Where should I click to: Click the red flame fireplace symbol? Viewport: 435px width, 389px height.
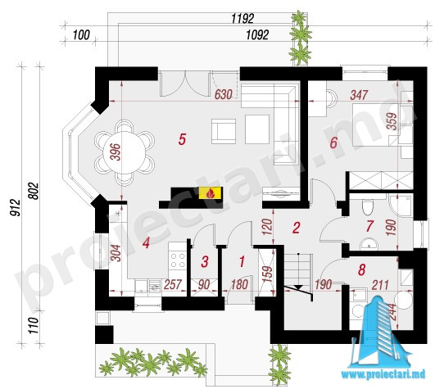pyautogui.click(x=211, y=193)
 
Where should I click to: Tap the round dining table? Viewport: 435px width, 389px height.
pyautogui.click(x=124, y=152)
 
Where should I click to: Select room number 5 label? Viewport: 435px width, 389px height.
pyautogui.click(x=182, y=139)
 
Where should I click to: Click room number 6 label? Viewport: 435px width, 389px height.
pyautogui.click(x=333, y=142)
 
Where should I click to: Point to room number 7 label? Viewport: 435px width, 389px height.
pyautogui.click(x=369, y=226)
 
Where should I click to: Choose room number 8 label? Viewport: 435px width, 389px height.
pyautogui.click(x=361, y=269)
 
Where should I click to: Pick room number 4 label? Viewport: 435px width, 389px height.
pyautogui.click(x=146, y=243)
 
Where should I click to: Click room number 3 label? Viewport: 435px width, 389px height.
pyautogui.click(x=205, y=261)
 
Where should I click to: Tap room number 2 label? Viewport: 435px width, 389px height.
pyautogui.click(x=297, y=228)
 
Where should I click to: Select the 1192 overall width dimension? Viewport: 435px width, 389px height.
pyautogui.click(x=242, y=19)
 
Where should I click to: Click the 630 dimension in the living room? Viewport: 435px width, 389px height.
pyautogui.click(x=223, y=94)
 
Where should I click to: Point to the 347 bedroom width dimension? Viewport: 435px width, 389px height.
pyautogui.click(x=359, y=95)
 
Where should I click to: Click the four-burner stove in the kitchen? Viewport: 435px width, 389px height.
pyautogui.click(x=178, y=260)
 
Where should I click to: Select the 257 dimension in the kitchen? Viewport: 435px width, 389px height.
pyautogui.click(x=173, y=284)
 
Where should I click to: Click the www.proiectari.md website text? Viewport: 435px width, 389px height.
pyautogui.click(x=383, y=374)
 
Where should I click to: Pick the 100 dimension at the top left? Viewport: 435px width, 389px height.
pyautogui.click(x=81, y=35)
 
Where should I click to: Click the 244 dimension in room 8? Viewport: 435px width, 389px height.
pyautogui.click(x=392, y=311)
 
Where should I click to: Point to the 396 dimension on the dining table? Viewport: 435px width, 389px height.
pyautogui.click(x=117, y=152)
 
